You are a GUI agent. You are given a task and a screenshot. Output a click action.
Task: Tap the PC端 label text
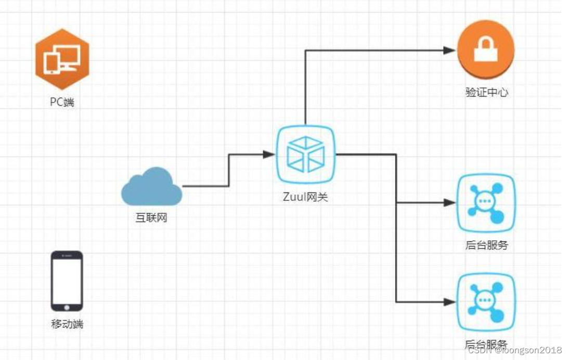click(62, 102)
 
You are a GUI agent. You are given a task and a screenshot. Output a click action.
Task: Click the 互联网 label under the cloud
click(151, 218)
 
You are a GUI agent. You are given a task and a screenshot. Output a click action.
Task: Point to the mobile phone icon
click(67, 281)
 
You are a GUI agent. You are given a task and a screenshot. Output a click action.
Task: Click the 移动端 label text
click(67, 324)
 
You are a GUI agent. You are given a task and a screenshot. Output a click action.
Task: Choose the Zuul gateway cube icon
click(305, 155)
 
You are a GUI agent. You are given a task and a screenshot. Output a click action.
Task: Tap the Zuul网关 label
click(305, 198)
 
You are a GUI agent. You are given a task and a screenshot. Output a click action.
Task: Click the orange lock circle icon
click(485, 49)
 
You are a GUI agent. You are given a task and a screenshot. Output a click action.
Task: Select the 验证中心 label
click(486, 93)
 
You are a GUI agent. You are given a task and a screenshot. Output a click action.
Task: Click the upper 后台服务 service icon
click(486, 202)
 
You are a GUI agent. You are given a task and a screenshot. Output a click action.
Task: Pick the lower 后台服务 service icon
click(486, 302)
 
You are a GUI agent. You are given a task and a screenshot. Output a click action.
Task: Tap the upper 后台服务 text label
click(486, 245)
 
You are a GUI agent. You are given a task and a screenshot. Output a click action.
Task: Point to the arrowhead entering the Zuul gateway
click(268, 155)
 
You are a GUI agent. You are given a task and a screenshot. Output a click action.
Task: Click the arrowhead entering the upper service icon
click(449, 203)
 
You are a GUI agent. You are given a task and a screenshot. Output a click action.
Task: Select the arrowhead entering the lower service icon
click(449, 302)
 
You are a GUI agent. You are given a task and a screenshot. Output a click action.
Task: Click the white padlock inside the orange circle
click(485, 49)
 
